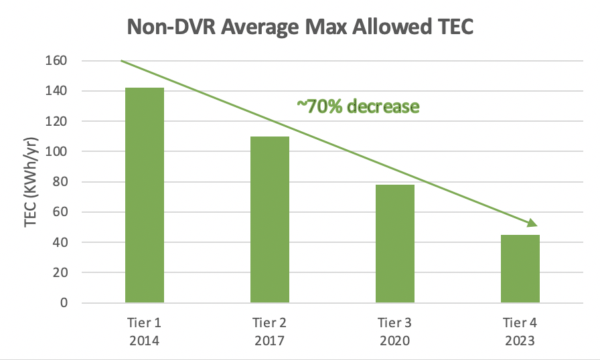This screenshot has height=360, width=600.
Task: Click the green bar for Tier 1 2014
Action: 144,195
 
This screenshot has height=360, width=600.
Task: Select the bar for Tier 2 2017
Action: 270,219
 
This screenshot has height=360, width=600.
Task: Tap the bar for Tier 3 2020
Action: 395,244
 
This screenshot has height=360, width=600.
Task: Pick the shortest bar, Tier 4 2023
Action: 520,268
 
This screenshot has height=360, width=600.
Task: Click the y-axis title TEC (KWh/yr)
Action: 31,183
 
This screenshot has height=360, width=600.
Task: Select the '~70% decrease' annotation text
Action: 358,106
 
